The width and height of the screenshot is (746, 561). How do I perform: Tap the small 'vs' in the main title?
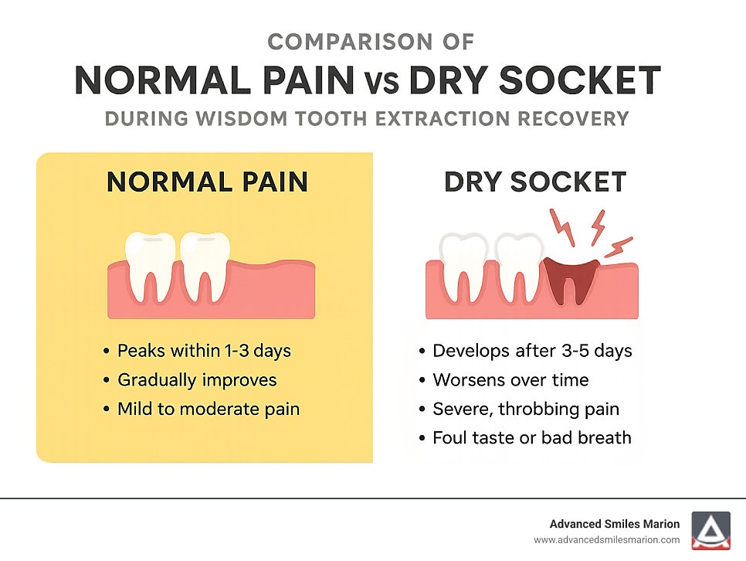click(381, 81)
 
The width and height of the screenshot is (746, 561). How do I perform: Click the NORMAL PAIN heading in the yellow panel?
click(208, 182)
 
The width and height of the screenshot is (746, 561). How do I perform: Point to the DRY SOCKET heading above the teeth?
click(534, 182)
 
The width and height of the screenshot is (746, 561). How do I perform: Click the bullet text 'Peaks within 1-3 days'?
click(204, 351)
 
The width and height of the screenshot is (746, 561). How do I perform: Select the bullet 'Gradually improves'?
click(197, 379)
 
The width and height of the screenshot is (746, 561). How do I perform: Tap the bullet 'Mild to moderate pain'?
click(209, 409)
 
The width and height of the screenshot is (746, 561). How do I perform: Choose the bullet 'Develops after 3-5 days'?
click(532, 351)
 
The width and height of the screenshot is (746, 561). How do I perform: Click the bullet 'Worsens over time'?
click(510, 379)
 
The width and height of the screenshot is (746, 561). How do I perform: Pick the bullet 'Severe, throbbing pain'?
click(526, 409)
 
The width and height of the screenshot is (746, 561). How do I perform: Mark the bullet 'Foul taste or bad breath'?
click(532, 437)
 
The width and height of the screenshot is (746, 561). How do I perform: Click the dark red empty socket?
click(571, 279)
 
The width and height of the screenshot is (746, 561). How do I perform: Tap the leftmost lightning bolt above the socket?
click(562, 227)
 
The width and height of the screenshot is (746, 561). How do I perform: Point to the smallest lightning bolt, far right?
click(619, 247)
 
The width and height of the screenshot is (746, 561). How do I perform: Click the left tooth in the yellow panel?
click(151, 267)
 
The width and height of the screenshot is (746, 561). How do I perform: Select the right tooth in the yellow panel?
click(205, 267)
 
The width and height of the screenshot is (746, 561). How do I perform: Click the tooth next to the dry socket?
click(519, 267)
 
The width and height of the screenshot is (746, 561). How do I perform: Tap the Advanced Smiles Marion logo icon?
click(710, 531)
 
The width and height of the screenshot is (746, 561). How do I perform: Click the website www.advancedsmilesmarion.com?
click(606, 540)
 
